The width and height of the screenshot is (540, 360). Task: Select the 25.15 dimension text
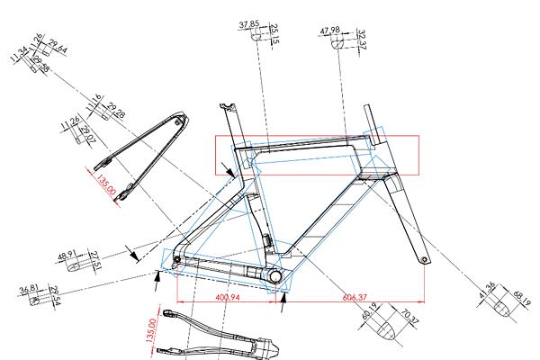coord(274,33)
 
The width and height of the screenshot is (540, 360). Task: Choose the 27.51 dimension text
coord(95,262)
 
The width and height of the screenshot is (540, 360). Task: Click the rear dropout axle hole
coord(176,261)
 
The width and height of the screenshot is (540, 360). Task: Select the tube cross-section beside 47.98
coord(343,41)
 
